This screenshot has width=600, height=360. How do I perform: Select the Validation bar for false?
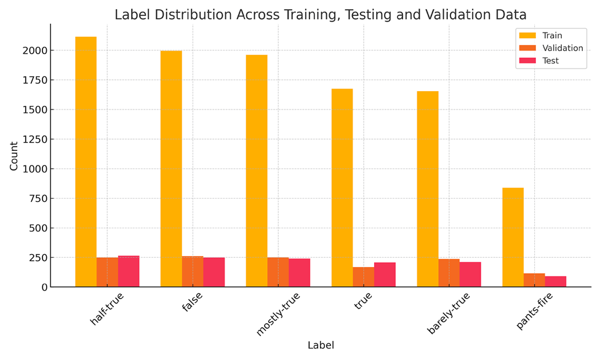tap(193, 271)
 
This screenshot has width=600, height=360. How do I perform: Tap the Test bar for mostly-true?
tap(299, 273)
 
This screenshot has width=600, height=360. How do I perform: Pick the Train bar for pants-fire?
tap(513, 237)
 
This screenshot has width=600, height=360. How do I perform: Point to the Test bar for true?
tap(385, 274)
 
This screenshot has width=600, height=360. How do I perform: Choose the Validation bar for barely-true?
tap(449, 273)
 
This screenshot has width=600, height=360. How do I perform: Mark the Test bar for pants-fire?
tap(555, 281)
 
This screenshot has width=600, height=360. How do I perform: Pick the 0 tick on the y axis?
tap(42, 287)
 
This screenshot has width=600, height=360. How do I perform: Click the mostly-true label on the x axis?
tap(278, 314)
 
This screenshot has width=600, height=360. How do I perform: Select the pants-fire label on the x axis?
tap(535, 311)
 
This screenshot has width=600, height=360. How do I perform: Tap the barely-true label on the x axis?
tap(449, 313)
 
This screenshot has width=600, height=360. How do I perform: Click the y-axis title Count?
tap(14, 156)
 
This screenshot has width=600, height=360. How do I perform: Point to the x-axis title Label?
tap(321, 345)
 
